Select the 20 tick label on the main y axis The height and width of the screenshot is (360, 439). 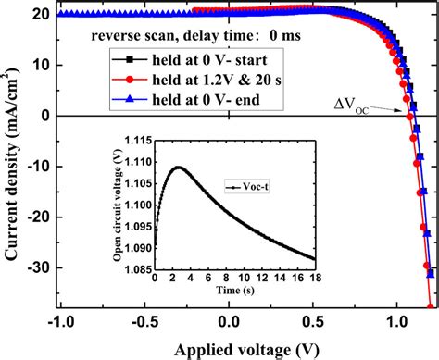(41, 14)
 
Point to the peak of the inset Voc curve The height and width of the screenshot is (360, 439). (180, 168)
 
